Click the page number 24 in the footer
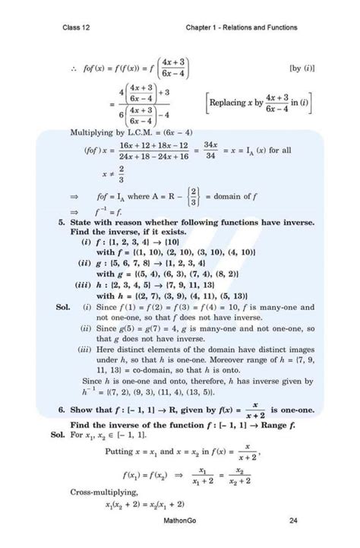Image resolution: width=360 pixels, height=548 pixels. [293, 520]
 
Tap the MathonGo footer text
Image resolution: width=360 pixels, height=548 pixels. [180, 520]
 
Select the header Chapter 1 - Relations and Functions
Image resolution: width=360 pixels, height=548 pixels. [241, 28]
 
